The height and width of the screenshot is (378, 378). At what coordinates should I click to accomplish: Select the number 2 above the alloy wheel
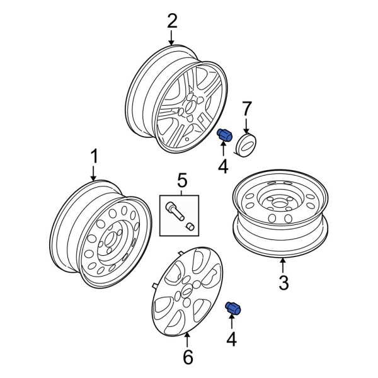(172, 21)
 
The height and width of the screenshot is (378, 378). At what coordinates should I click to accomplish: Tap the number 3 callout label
(283, 283)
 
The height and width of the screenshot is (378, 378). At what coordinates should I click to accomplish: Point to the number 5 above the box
(181, 182)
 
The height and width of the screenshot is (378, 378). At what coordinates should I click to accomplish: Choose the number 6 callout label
(187, 357)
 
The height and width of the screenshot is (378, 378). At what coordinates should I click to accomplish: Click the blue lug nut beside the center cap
(225, 135)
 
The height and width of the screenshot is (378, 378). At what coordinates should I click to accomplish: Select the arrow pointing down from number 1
(94, 173)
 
